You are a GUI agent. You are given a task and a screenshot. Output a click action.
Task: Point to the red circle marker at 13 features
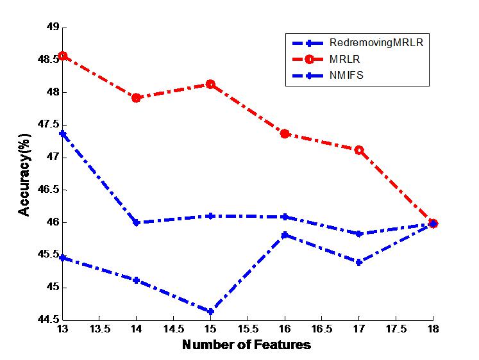tap(62, 56)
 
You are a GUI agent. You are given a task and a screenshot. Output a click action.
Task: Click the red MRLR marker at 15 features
tap(210, 85)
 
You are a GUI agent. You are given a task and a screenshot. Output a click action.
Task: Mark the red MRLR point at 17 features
tap(359, 150)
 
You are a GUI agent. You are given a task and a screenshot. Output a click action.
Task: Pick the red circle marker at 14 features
tap(137, 98)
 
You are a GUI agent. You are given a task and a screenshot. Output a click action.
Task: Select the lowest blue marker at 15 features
tap(210, 312)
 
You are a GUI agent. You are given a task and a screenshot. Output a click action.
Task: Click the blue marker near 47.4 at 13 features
tap(62, 134)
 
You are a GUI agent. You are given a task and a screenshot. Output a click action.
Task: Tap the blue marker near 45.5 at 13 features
tap(62, 258)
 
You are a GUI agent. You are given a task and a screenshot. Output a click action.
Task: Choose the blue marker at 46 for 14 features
tap(137, 222)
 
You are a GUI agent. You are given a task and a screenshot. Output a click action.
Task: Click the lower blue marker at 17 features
tap(359, 262)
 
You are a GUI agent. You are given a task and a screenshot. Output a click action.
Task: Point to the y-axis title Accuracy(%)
tap(24, 174)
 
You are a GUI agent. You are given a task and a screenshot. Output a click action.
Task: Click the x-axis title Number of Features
tap(247, 345)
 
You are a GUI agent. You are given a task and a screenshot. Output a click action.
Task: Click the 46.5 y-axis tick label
tap(47, 190)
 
